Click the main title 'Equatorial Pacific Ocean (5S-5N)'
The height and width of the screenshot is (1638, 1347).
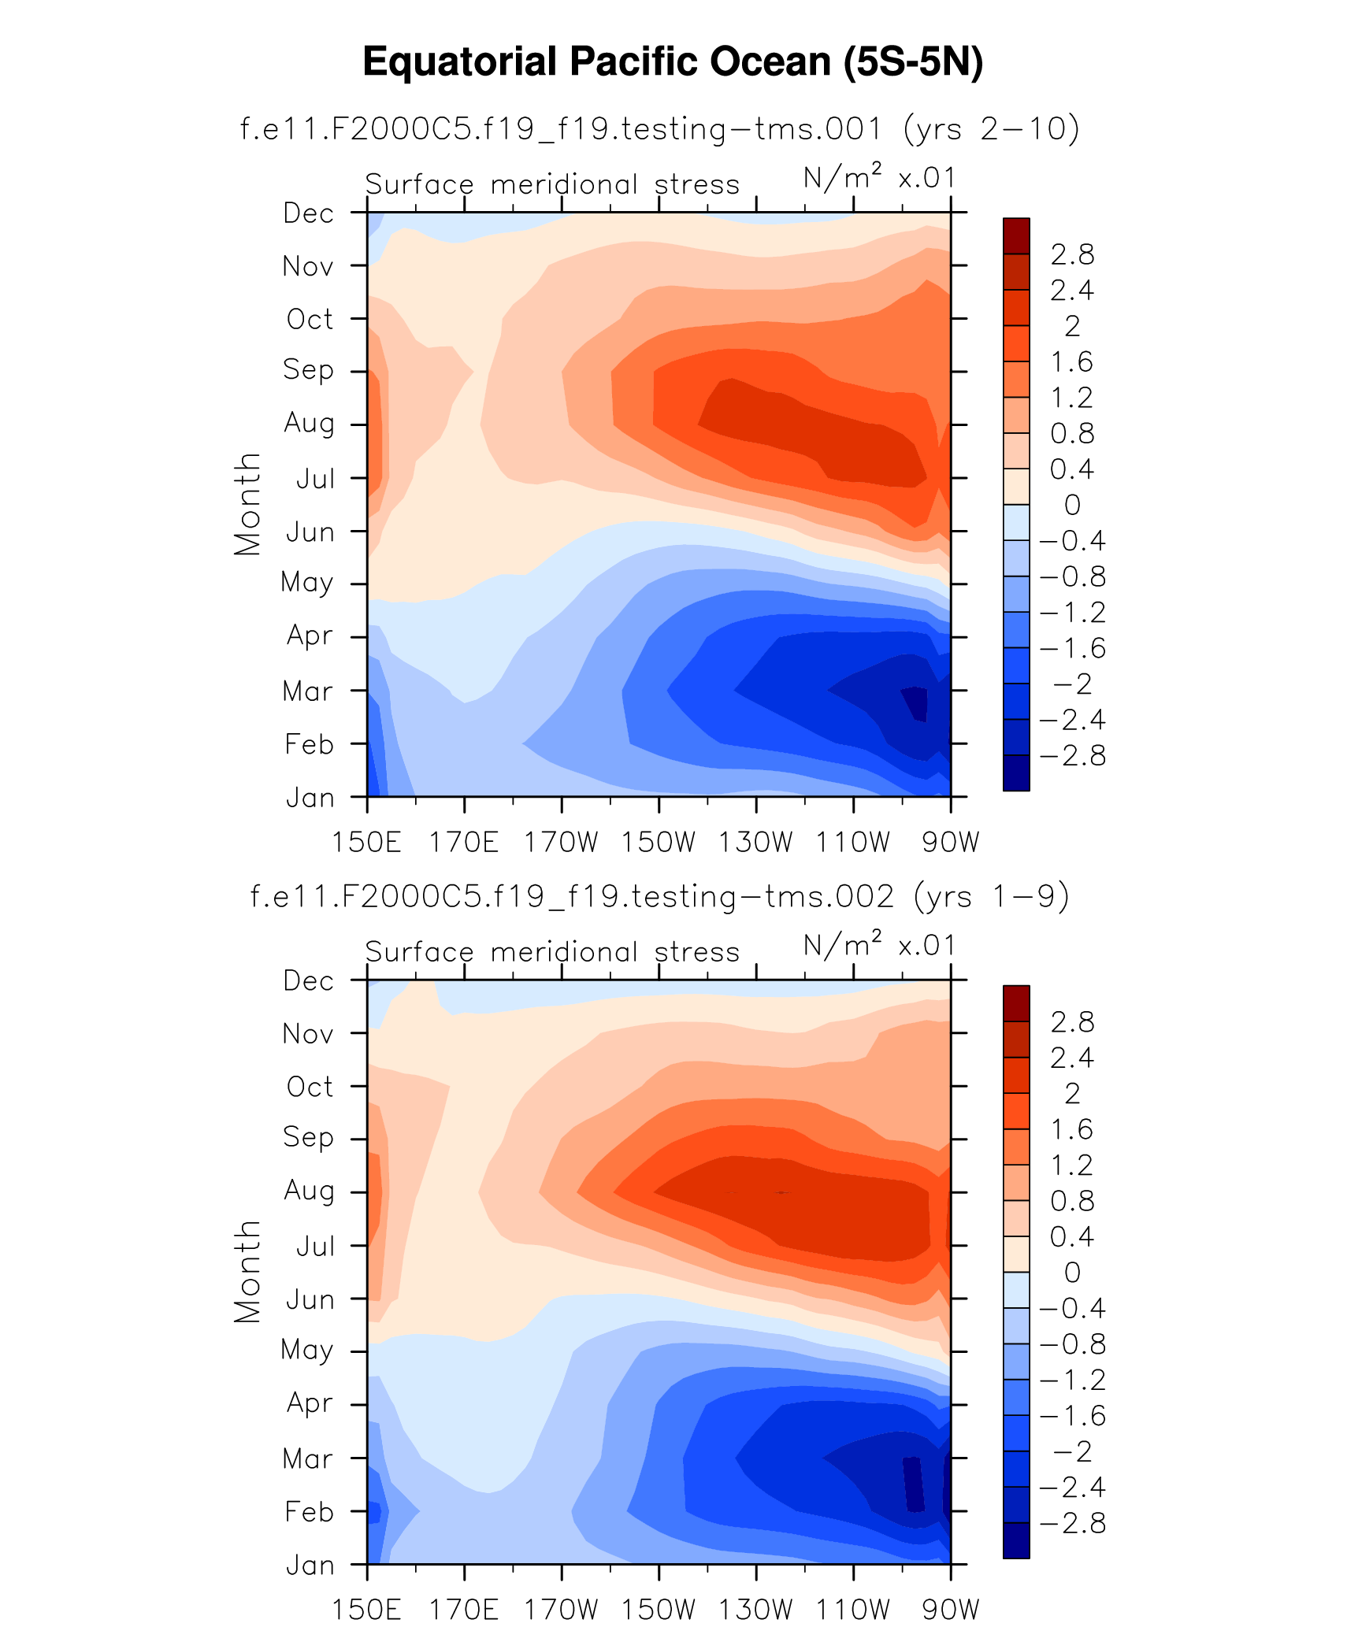(x=673, y=61)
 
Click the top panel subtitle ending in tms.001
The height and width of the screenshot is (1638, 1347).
(x=659, y=128)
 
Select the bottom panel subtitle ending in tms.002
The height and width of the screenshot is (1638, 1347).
(x=659, y=896)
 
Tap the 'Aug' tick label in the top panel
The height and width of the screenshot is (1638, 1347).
(x=309, y=424)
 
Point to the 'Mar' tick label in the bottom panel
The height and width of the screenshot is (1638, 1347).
(x=307, y=1458)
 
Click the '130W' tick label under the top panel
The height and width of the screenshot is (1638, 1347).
(x=755, y=842)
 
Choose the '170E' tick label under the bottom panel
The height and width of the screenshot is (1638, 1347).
(x=463, y=1610)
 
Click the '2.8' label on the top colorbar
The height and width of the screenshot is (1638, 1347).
(x=1072, y=254)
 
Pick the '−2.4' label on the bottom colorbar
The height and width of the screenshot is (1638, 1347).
(x=1072, y=1488)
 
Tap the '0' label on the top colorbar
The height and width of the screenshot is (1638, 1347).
(x=1072, y=505)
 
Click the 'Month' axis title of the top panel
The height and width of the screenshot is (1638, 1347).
(x=247, y=504)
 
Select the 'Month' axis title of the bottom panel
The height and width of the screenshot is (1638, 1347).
(x=247, y=1272)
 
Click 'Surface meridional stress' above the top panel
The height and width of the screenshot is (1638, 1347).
(x=552, y=184)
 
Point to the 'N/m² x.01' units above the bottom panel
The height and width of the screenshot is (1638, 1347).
(x=879, y=944)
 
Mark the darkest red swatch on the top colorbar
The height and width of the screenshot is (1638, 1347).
(x=1016, y=235)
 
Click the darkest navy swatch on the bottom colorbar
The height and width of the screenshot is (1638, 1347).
(x=1016, y=1540)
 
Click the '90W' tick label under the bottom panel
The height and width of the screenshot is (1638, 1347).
(x=950, y=1610)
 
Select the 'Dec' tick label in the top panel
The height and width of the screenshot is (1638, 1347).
(x=309, y=213)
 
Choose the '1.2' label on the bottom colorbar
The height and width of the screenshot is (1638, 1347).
(x=1072, y=1165)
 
